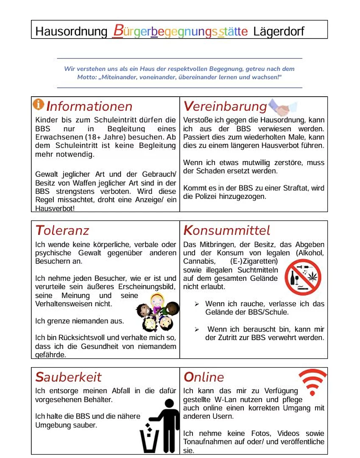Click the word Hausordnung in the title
point(71,31)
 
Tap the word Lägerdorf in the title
point(279,31)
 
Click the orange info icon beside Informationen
point(39,104)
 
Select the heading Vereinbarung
point(225,106)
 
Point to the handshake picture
point(283,107)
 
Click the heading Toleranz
point(62,230)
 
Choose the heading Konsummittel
point(226,230)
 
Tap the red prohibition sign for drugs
point(303,277)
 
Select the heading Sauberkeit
point(68,377)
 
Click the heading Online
point(204,377)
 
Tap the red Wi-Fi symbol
point(313,381)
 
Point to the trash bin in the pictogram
point(149,441)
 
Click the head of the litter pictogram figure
point(169,404)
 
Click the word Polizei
point(209,196)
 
